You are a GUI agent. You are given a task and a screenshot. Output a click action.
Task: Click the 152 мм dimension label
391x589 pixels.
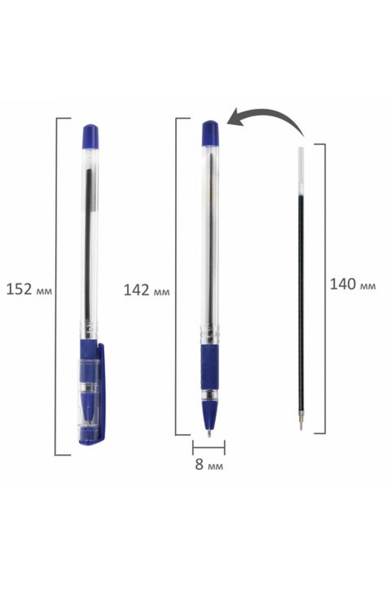click(29, 290)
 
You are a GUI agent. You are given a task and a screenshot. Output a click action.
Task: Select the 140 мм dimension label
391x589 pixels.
click(353, 284)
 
